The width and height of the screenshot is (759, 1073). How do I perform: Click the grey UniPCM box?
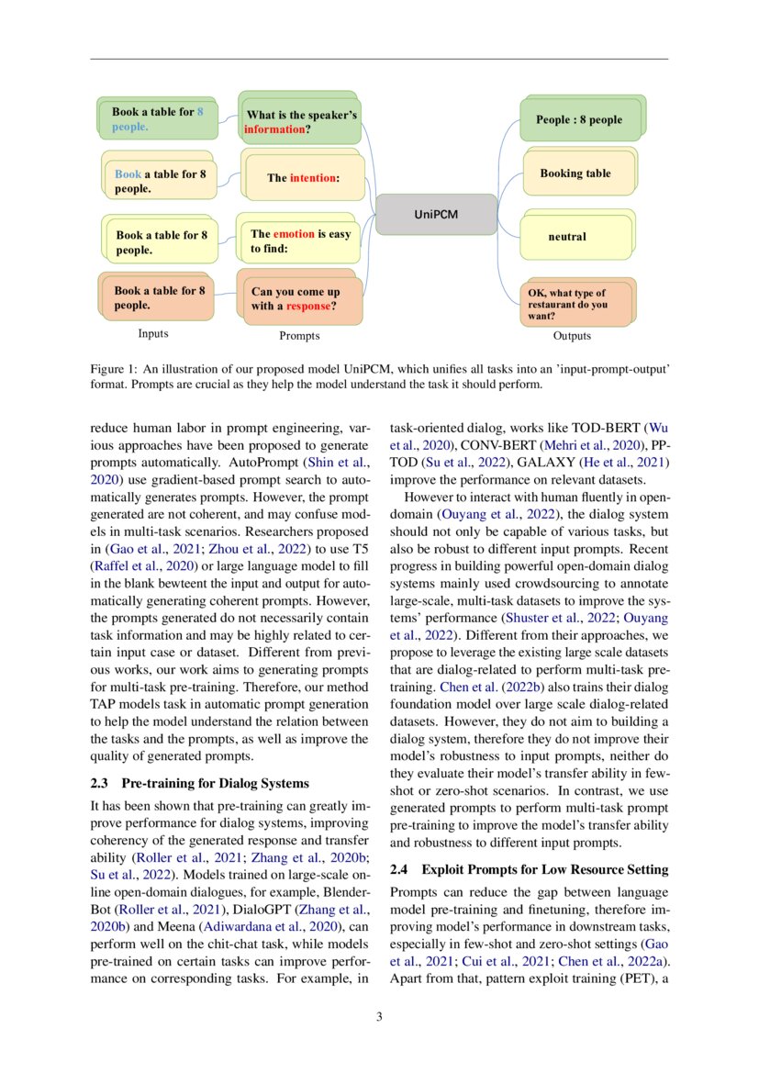click(x=427, y=215)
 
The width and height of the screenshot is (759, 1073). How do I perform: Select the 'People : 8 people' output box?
click(x=578, y=120)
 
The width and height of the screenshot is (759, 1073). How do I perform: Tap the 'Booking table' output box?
click(x=575, y=173)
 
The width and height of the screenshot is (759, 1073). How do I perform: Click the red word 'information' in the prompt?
click(x=273, y=130)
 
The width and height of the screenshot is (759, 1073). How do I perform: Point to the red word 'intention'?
click(x=313, y=178)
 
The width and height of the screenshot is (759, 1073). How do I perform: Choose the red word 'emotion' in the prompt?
click(x=294, y=234)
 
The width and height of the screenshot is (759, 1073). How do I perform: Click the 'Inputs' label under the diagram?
click(x=153, y=334)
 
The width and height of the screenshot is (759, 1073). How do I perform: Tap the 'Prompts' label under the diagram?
click(x=299, y=336)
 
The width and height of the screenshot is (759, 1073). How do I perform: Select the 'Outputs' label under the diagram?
click(x=572, y=336)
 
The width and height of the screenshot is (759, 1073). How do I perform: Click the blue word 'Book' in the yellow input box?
click(x=128, y=174)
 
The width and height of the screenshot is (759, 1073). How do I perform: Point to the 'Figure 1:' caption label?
click(x=113, y=369)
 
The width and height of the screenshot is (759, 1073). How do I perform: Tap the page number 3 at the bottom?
click(x=379, y=1017)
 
